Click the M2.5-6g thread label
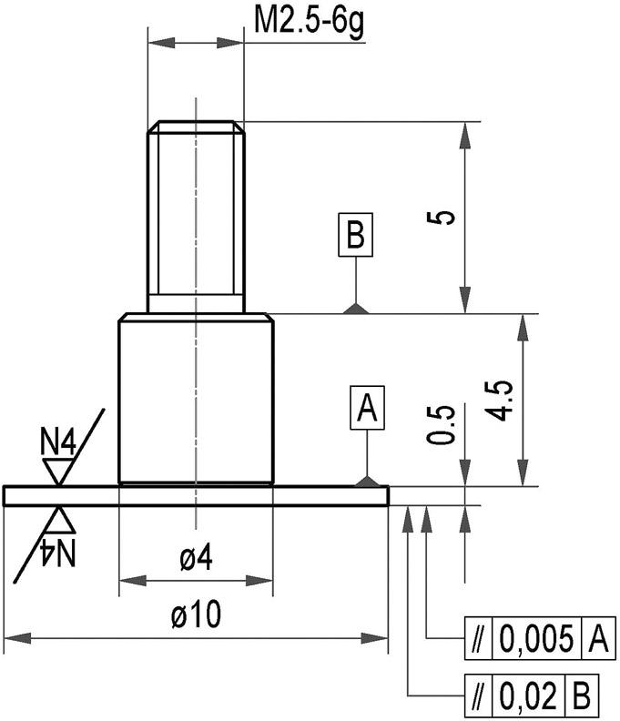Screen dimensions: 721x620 [x=309, y=21]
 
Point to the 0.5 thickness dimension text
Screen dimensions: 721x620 [x=442, y=424]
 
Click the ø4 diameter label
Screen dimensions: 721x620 [x=196, y=560]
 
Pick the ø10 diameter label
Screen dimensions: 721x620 [x=196, y=616]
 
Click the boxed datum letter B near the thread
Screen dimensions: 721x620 [x=355, y=236]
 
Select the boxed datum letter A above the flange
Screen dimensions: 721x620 [x=367, y=408]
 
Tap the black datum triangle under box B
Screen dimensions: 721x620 [x=356, y=309]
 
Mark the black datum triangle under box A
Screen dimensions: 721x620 [x=367, y=480]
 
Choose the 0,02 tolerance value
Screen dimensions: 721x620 [x=527, y=696]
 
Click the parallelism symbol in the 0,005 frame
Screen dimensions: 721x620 [x=477, y=640]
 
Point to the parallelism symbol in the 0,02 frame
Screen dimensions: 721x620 [x=477, y=696]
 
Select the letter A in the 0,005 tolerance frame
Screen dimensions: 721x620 [x=597, y=640]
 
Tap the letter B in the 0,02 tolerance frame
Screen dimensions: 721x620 [x=582, y=696]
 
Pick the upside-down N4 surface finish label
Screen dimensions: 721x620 [x=58, y=550]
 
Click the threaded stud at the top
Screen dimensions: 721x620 [x=196, y=214]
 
